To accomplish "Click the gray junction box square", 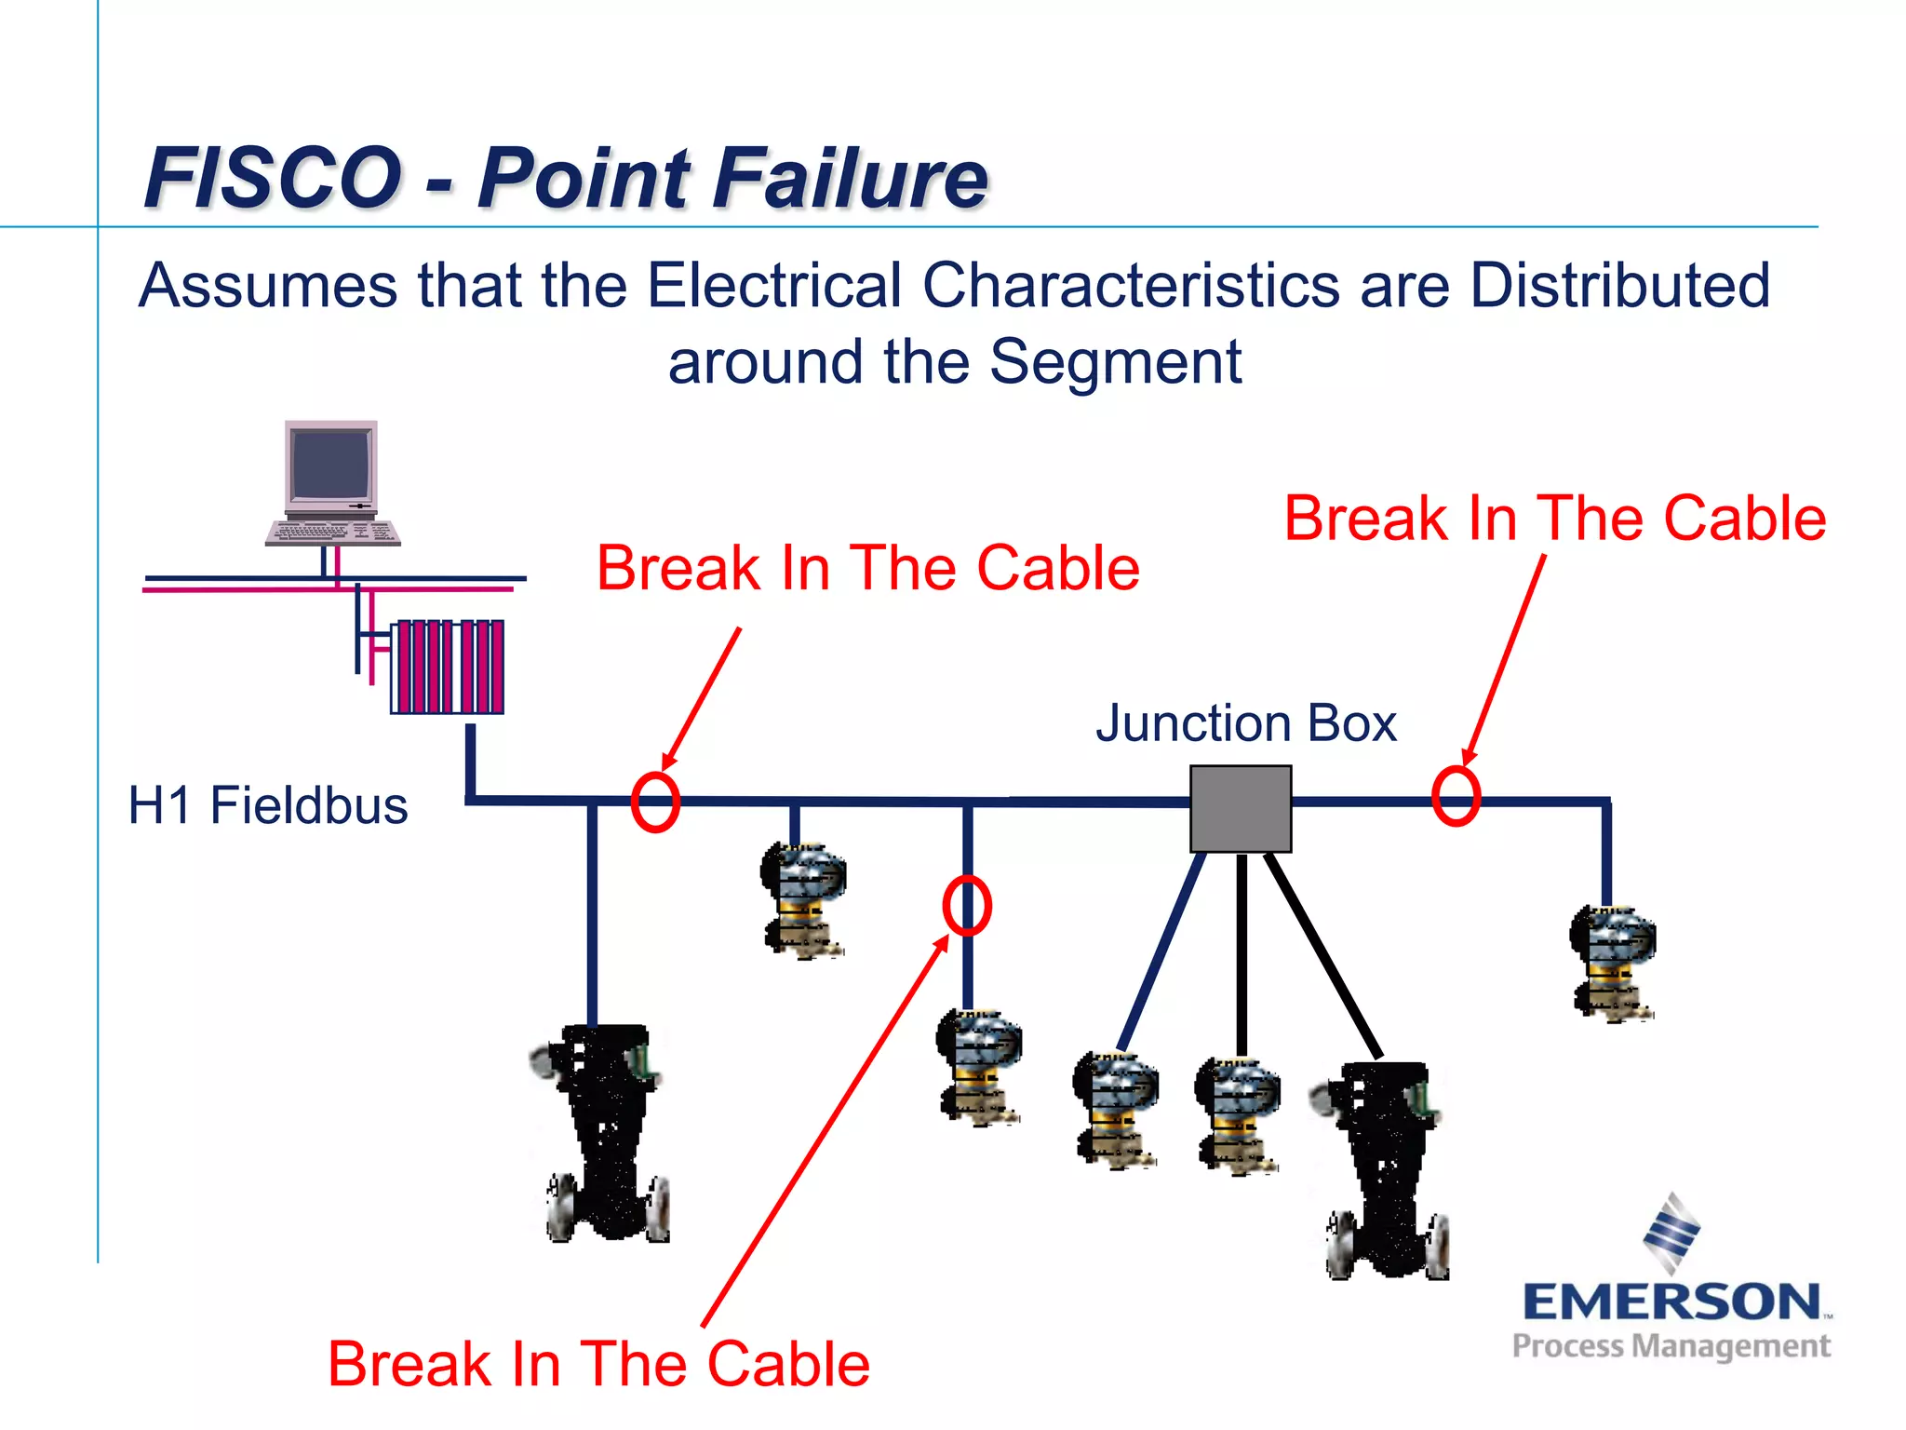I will click(x=1241, y=808).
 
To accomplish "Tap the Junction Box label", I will click(x=1245, y=722).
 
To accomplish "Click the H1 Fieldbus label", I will click(x=268, y=804).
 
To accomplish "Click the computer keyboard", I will click(x=332, y=533).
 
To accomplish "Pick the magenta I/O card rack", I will click(x=448, y=666).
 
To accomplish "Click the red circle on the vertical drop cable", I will click(x=967, y=905).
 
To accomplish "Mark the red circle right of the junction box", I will click(x=1456, y=796).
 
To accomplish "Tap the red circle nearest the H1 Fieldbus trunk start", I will click(x=655, y=802).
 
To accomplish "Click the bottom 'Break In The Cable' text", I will click(x=598, y=1364).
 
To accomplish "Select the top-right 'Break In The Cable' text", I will click(x=1554, y=518).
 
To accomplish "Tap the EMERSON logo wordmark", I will click(x=1671, y=1302).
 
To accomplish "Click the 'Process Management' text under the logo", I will click(x=1671, y=1346).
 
